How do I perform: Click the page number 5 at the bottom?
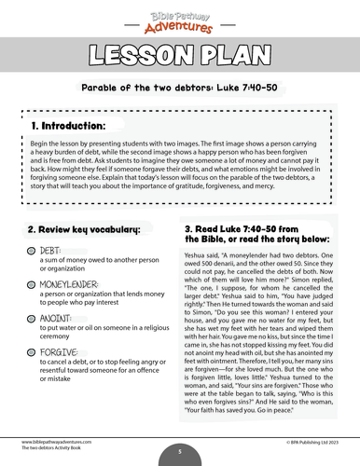coord(179,450)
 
